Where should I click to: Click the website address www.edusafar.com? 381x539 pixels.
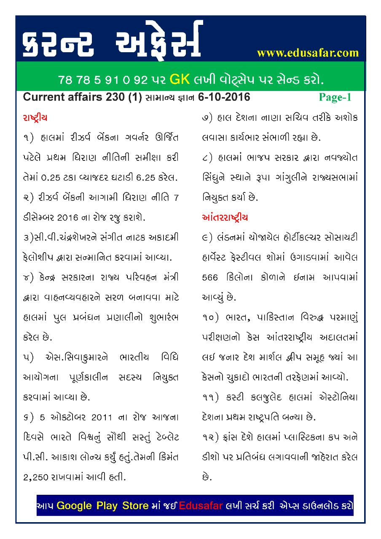(x=308, y=53)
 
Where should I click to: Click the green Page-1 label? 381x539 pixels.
(x=335, y=98)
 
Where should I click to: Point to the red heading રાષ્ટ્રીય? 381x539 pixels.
(x=38, y=118)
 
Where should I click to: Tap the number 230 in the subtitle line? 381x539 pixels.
(x=113, y=98)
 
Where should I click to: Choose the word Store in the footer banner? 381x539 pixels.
(x=135, y=505)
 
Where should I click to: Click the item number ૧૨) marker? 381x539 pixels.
(x=209, y=438)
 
